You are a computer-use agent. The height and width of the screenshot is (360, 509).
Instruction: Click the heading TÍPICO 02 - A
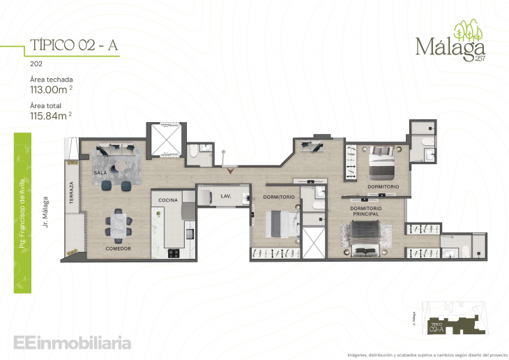tap(73, 45)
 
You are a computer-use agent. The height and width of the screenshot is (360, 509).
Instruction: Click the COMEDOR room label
tap(119, 248)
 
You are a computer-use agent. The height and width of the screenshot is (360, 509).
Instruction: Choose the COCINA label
tap(167, 200)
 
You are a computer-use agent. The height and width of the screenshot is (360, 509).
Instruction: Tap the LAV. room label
tap(225, 196)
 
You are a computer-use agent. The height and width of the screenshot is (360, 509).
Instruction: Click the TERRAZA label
tap(71, 193)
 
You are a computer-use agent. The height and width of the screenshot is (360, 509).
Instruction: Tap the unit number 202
tap(36, 63)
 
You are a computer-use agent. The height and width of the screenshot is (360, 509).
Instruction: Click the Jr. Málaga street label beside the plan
tap(45, 205)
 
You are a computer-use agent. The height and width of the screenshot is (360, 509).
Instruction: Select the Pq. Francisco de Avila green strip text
tap(24, 210)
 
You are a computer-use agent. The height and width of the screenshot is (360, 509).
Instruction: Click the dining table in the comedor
tap(119, 225)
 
